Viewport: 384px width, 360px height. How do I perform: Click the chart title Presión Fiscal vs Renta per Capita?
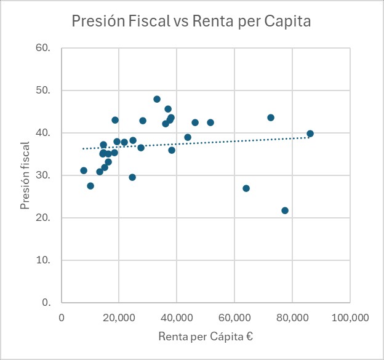[x=191, y=22]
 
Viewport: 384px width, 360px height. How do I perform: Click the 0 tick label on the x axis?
[x=62, y=318]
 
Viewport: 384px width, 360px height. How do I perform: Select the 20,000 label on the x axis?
[x=119, y=318]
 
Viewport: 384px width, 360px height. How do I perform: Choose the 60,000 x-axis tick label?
[x=234, y=318]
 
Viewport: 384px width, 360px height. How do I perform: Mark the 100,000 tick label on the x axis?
[x=350, y=318]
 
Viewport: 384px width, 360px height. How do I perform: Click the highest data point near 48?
[x=157, y=99]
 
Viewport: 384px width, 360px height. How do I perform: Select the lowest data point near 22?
[x=285, y=210]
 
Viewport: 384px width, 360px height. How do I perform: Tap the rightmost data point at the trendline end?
[x=310, y=134]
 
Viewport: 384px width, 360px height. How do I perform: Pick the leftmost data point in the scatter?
[x=84, y=170]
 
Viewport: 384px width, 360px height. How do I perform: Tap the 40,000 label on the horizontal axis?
[x=177, y=318]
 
